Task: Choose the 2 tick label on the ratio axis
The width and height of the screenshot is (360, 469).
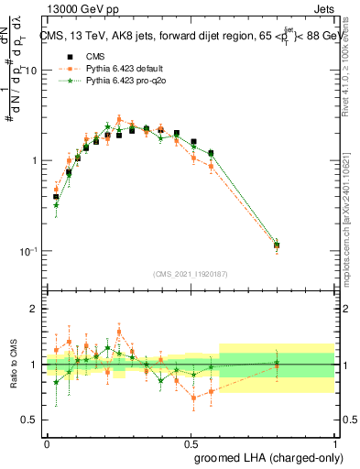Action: click(36, 309)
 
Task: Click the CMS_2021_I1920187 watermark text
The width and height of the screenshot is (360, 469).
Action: click(190, 274)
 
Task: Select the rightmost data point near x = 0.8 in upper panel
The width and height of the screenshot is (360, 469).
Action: click(277, 245)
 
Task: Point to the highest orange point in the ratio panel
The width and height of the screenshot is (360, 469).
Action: click(119, 333)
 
